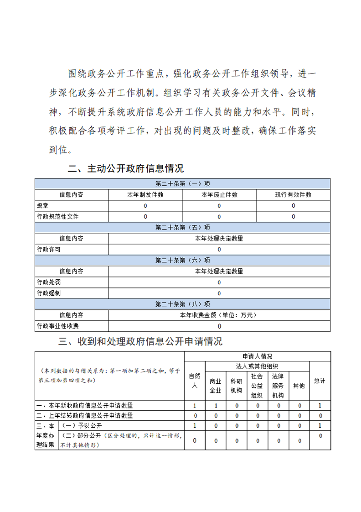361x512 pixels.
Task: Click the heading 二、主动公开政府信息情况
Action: [126, 168]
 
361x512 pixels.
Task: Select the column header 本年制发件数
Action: [145, 194]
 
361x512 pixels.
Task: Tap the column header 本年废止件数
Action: [219, 194]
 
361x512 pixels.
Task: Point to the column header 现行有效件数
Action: [293, 194]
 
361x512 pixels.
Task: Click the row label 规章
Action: [42, 205]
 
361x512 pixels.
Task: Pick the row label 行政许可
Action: [48, 249]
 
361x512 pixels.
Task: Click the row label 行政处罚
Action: [48, 282]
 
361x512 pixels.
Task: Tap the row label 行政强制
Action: [48, 293]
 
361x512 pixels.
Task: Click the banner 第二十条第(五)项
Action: [183, 227]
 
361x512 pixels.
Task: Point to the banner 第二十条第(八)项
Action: [183, 304]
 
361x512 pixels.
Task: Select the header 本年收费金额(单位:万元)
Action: [219, 315]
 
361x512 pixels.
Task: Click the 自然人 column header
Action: [195, 381]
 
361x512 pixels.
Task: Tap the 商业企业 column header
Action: [216, 386]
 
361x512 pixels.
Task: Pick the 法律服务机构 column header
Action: [278, 386]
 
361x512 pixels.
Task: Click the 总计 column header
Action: [320, 381]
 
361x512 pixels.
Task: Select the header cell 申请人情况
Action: [258, 356]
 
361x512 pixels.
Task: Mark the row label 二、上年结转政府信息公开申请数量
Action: [85, 415]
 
